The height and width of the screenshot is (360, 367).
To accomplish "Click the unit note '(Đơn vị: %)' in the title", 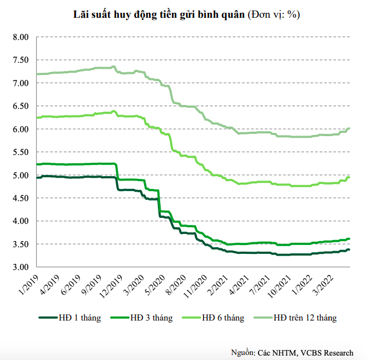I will click(x=274, y=15).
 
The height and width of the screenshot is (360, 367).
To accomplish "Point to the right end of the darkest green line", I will click(x=349, y=250).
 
